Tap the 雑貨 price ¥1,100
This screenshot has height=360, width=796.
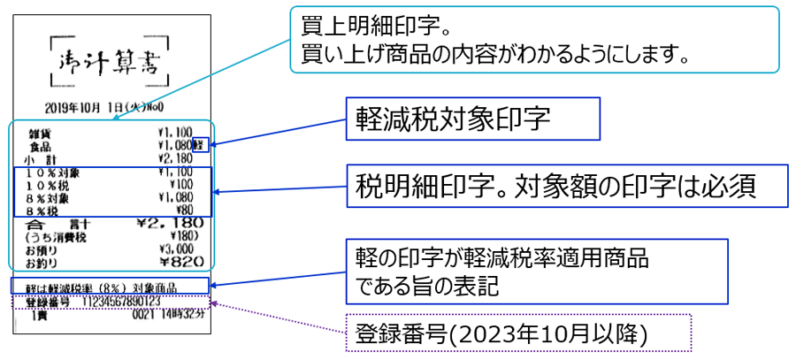click(174, 132)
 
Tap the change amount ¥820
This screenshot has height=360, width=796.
click(181, 262)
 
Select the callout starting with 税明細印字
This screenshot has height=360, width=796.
click(566, 187)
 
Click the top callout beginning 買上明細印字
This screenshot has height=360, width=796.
click(534, 39)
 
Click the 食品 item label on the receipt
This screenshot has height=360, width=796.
click(41, 144)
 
